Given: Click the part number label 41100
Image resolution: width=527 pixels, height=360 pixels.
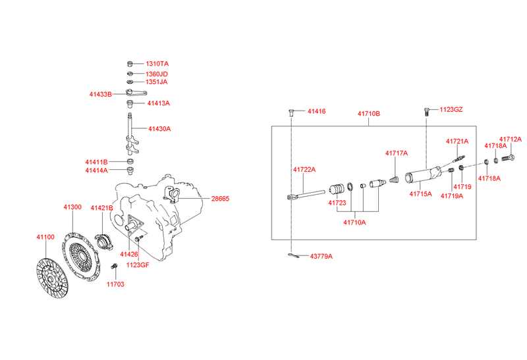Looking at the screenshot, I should pos(45,236).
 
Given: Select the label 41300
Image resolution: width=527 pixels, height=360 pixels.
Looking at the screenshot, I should pos(72,207).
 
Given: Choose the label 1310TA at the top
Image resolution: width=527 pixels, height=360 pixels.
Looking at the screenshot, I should pos(157,64).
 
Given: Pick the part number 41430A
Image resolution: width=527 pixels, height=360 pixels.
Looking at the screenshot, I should pos(159,129).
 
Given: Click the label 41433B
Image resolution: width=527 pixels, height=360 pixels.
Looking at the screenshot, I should pos(101,94).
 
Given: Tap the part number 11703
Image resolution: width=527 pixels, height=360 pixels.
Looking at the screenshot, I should pos(115,284).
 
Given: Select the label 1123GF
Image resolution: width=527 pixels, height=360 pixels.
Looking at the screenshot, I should pos(138,265).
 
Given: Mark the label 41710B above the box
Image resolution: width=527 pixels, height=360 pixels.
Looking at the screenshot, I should pos(369,114).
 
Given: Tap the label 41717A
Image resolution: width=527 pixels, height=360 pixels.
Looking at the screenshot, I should pos(397,153).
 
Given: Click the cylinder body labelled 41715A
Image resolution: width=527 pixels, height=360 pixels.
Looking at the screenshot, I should pos(422,176).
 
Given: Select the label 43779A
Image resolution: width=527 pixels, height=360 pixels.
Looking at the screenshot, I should pos(321,256).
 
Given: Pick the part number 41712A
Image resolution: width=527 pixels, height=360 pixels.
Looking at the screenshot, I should pos(510,139).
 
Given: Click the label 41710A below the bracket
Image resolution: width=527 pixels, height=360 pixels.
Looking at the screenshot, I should pos(354,222).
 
